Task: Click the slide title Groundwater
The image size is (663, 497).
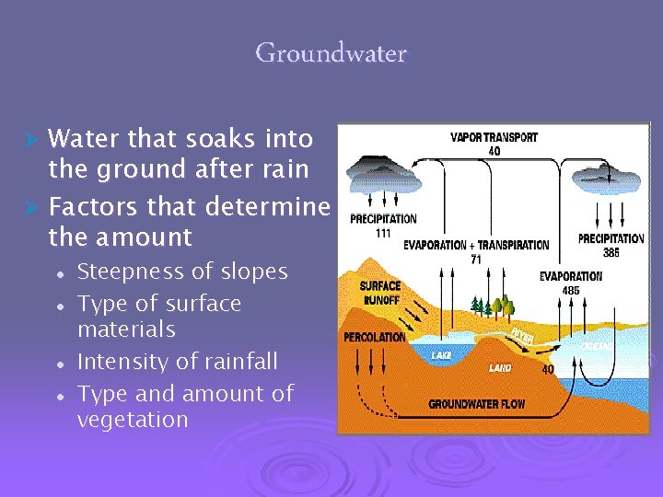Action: (x=331, y=53)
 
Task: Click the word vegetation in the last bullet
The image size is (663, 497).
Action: (x=133, y=420)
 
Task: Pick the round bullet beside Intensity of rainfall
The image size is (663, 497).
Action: (x=58, y=364)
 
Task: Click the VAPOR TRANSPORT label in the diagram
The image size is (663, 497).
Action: (x=494, y=138)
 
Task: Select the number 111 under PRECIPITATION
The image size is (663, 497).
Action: (x=382, y=233)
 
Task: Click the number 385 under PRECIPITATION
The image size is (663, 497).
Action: (x=611, y=251)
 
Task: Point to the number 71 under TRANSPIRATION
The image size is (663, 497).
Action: (x=476, y=260)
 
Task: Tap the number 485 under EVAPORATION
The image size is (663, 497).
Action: (x=570, y=290)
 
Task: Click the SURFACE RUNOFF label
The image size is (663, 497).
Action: (x=379, y=293)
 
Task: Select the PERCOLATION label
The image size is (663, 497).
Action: (x=374, y=337)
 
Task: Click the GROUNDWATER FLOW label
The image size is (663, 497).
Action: (x=478, y=404)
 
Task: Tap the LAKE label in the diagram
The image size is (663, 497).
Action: (x=441, y=355)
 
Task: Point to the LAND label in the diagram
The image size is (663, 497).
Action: (x=501, y=367)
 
